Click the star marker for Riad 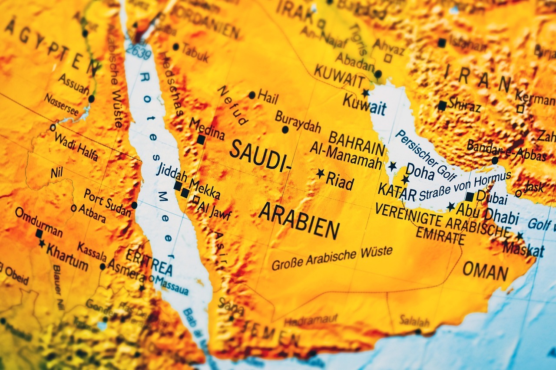coord(320,174)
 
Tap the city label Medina coord(207,129)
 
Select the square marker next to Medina coord(201,140)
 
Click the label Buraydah coord(298,122)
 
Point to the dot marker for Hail coord(252,95)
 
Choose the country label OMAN coord(485,271)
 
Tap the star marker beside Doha coord(405,179)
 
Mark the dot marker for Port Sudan coord(134,205)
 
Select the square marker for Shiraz coord(442,105)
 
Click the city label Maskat coord(523,249)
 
